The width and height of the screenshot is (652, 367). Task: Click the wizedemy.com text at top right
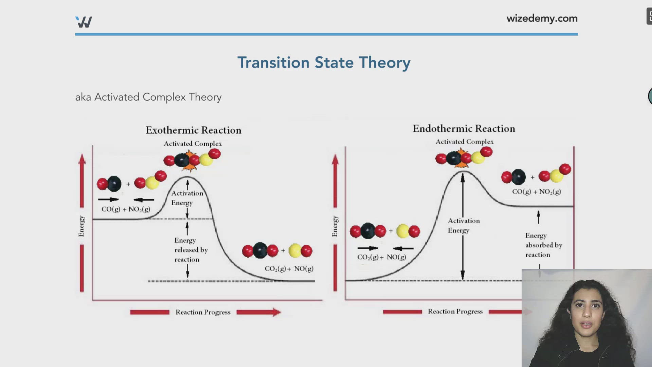(x=542, y=18)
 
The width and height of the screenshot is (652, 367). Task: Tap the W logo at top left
(x=84, y=22)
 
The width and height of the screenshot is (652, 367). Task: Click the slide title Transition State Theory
(x=324, y=63)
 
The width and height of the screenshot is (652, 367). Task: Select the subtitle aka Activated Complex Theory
(x=148, y=97)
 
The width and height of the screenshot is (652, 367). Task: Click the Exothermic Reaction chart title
(x=193, y=130)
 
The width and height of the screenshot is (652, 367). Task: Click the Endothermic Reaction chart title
(x=464, y=128)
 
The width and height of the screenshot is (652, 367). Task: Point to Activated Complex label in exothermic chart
(x=193, y=144)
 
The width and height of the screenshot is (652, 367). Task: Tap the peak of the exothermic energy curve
(x=187, y=177)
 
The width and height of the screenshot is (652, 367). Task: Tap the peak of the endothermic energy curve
(x=463, y=172)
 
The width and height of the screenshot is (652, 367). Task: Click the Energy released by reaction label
(x=191, y=250)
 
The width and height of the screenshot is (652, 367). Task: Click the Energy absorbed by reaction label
(x=543, y=245)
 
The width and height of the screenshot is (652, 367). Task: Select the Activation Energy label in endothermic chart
(x=464, y=225)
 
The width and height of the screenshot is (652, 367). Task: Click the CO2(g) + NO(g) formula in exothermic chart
(x=289, y=269)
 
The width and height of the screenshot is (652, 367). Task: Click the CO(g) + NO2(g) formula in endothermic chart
(x=536, y=192)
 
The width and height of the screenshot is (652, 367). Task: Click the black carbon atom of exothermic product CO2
(x=260, y=251)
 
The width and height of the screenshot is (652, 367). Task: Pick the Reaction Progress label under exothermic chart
(x=203, y=312)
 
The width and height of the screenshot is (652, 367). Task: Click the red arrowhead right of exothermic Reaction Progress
(x=276, y=312)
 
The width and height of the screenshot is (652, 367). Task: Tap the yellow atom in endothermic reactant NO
(x=403, y=231)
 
